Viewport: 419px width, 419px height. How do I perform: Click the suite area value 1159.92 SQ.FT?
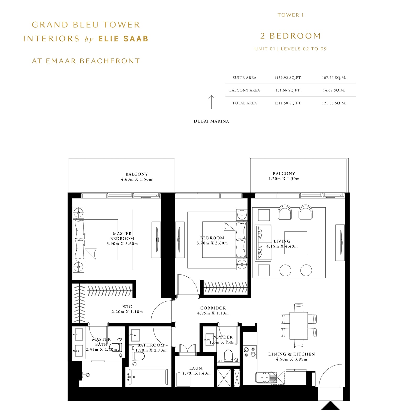click(288, 78)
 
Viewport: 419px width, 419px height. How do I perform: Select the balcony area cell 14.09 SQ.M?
click(334, 90)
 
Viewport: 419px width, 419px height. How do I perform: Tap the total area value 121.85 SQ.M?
click(334, 103)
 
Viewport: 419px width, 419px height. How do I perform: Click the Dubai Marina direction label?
click(211, 121)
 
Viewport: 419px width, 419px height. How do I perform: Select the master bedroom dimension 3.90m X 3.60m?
click(122, 244)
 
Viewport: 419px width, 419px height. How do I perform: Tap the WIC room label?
click(127, 307)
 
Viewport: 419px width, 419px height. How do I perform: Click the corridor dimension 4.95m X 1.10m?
click(213, 313)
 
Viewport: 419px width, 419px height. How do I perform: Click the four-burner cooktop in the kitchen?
click(250, 352)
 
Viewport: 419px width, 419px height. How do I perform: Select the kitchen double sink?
click(263, 377)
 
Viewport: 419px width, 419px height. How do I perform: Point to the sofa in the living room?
click(263, 242)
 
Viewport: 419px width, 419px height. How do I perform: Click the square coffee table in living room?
click(296, 243)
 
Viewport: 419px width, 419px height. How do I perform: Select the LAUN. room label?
click(196, 368)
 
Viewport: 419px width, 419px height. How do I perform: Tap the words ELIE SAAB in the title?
click(123, 39)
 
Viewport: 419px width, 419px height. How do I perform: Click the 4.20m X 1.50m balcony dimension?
click(284, 179)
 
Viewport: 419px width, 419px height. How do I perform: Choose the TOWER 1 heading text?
click(291, 15)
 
